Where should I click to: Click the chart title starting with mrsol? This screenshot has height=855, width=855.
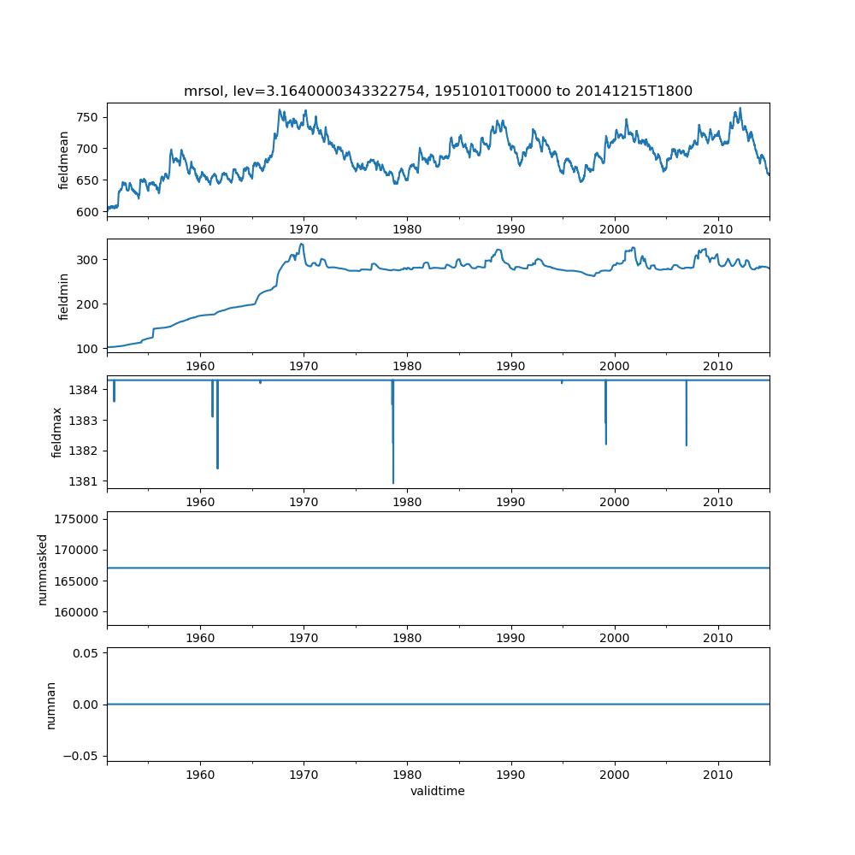coord(438,91)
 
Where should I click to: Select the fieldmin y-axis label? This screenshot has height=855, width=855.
coord(64,296)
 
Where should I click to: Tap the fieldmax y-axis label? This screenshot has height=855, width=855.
coord(57,432)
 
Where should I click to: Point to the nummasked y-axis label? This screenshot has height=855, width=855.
coord(42,569)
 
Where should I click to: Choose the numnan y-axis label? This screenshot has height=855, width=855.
coord(50,705)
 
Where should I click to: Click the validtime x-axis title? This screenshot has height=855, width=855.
coord(438,792)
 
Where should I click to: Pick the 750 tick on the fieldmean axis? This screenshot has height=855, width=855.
coord(88,117)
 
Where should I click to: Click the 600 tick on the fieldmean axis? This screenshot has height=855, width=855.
coord(88,212)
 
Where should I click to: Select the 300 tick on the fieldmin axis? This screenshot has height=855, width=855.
coord(88,260)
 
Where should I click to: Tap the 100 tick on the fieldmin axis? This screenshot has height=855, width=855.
coord(88,349)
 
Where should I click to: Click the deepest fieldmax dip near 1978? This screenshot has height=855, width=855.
coord(393,483)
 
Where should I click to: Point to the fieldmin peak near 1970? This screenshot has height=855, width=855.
coord(301,245)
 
